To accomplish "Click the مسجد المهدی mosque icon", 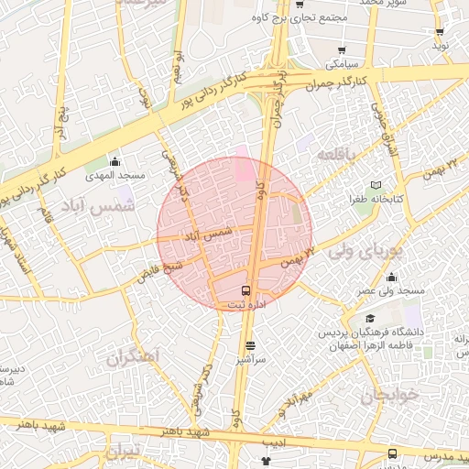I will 115,162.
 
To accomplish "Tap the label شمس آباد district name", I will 98,205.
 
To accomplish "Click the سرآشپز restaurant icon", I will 251,345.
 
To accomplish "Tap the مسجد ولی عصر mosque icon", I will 392,278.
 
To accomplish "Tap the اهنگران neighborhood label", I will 133,355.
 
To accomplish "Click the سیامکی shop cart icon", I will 342,51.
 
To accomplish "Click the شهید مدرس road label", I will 441,455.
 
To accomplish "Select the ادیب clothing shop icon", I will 267,460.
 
